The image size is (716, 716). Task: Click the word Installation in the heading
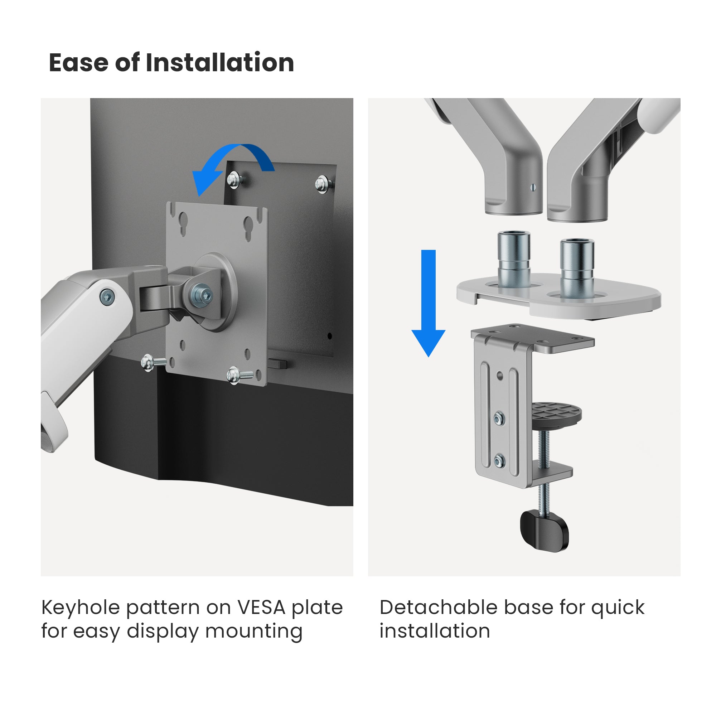pos(220,62)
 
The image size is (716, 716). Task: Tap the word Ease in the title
pos(78,63)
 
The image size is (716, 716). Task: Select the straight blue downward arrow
pos(429,303)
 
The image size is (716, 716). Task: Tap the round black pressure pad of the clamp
pos(556,415)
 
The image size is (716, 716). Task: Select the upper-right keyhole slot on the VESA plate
pos(248,229)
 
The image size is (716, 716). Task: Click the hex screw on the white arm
pos(107,297)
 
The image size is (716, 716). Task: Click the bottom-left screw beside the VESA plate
pos(152,362)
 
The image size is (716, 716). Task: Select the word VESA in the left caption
pos(262,608)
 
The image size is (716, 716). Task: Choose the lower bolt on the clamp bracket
pos(499,461)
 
